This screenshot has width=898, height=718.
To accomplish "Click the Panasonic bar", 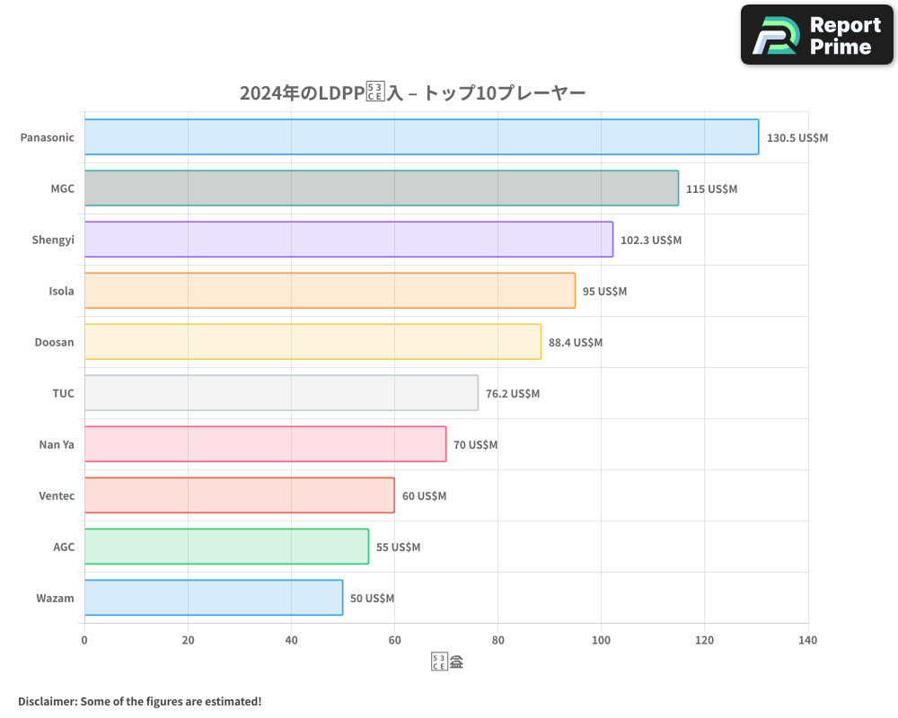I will pos(421,137).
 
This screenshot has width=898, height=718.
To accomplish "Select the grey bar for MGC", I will pos(382,188).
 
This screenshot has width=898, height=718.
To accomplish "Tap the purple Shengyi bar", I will pos(348,240).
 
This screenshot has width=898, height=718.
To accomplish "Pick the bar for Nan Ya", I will pos(265,444).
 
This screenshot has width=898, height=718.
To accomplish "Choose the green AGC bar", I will pos(226,547).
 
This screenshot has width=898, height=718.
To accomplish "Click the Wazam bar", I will pos(214,598).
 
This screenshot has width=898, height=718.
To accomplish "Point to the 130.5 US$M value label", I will pos(797,138).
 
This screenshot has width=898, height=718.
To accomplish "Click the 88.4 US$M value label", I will pos(576,343).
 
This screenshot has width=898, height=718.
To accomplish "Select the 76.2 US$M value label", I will pos(513,394).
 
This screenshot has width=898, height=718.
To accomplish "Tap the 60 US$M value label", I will pos(424,496).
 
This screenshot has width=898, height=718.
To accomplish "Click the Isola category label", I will pos(61,291).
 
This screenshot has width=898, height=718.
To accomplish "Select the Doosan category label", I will pos(55,342).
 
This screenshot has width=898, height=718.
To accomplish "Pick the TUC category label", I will pos(63,393).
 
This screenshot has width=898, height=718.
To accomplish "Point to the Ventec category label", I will pos(57,495).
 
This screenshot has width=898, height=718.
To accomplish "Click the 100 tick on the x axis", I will pos(601,641).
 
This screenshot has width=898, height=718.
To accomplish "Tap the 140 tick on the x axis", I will pos(807,641).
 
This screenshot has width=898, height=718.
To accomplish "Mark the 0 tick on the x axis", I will pos(84,641).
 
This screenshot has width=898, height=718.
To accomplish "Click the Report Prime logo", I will pos(816,35).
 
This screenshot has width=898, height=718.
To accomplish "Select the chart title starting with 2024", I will pos(412,93).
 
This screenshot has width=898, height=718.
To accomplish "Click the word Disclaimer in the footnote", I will pos(47,701).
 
